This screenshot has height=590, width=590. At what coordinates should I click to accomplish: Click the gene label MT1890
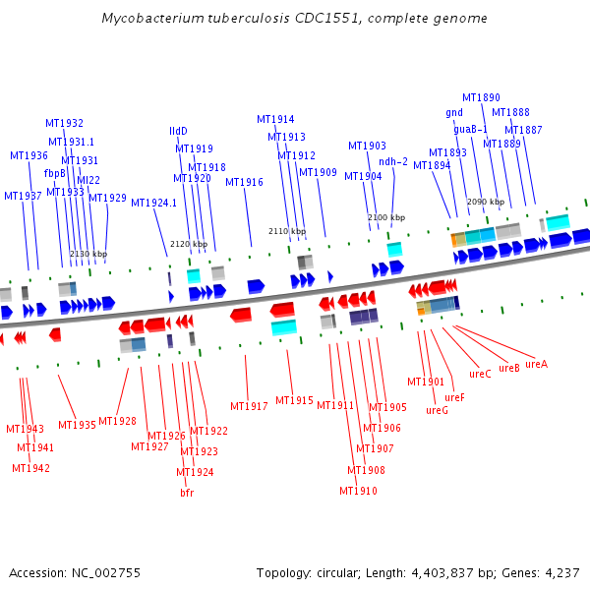click(481, 97)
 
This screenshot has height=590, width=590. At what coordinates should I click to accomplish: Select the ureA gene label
click(536, 364)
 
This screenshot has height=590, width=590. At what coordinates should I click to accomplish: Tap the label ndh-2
click(393, 161)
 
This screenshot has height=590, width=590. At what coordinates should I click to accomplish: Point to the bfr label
click(187, 493)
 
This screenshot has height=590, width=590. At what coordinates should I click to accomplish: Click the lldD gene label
click(178, 131)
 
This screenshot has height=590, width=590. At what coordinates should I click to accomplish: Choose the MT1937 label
click(23, 196)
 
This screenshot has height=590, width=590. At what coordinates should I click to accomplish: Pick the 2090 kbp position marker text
click(486, 202)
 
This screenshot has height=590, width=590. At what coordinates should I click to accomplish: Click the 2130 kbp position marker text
click(88, 254)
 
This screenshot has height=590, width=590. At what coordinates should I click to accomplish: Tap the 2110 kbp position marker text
click(287, 231)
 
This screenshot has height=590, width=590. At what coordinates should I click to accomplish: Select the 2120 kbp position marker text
click(189, 244)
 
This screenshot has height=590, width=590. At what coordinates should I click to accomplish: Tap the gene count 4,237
click(561, 572)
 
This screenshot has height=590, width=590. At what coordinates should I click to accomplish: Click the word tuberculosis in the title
click(229, 19)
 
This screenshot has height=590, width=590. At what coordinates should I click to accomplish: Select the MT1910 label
click(358, 491)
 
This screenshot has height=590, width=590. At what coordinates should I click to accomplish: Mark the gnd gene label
click(454, 112)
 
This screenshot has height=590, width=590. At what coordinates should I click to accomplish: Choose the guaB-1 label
click(471, 129)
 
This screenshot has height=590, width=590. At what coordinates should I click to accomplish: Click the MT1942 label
click(30, 468)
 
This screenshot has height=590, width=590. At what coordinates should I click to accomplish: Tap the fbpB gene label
click(55, 173)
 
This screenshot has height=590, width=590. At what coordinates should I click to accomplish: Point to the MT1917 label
click(249, 406)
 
